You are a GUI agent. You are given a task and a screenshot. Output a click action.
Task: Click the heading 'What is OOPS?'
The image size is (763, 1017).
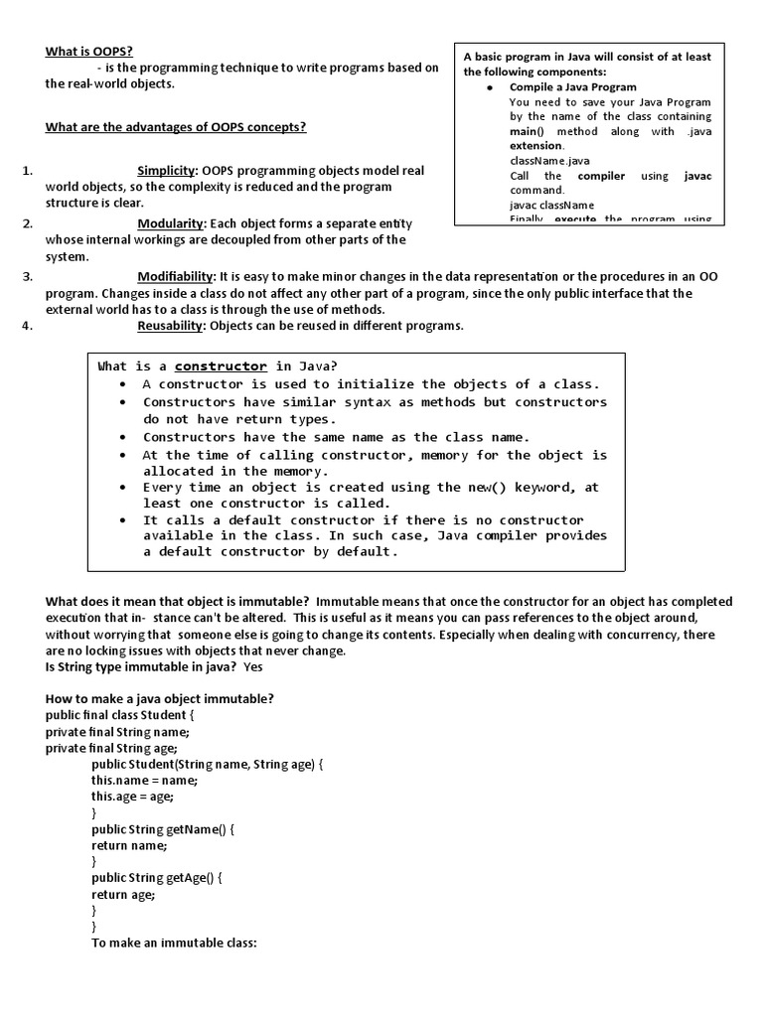point(88,52)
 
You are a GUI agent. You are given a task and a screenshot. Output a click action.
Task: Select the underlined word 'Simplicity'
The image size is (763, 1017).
point(167,171)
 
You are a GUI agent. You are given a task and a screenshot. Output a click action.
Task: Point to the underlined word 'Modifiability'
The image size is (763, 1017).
point(176,276)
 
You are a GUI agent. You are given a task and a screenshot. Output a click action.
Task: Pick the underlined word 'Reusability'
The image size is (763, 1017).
point(171,326)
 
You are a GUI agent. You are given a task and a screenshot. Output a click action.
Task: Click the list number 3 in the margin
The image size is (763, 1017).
point(28,276)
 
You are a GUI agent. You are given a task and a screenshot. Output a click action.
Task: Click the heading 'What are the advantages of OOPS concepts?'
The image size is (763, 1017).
point(176,127)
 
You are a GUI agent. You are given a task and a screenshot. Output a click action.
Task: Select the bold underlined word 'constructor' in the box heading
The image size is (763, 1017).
point(221,366)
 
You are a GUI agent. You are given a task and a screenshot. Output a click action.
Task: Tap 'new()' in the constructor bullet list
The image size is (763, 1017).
point(489,488)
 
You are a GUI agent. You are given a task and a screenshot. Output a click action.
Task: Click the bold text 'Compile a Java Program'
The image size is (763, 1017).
point(573,87)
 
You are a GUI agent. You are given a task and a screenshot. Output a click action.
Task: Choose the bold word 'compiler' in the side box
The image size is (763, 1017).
point(601,176)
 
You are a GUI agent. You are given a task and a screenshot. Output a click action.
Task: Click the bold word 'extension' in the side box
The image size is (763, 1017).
point(535,146)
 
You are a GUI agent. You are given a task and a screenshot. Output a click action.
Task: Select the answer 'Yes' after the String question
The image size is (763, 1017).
point(253,667)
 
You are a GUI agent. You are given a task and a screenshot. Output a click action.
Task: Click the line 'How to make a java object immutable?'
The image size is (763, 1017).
point(160,699)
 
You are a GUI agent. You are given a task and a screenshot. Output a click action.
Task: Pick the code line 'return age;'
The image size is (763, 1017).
point(123,895)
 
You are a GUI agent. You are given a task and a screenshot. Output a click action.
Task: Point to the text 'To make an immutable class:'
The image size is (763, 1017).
point(175,944)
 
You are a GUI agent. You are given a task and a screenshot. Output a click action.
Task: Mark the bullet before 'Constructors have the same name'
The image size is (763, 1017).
point(122,438)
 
